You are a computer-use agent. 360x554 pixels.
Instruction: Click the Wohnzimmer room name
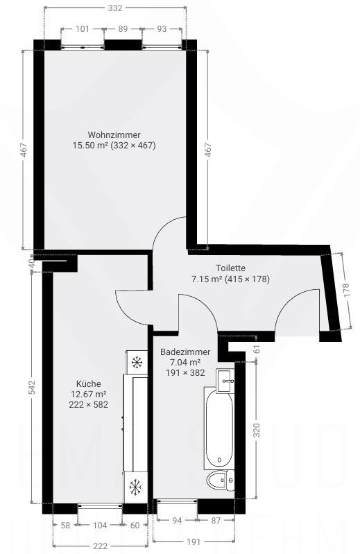(x=114, y=135)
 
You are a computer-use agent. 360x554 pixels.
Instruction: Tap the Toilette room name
(x=230, y=268)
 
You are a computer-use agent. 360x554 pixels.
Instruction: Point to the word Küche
(x=89, y=383)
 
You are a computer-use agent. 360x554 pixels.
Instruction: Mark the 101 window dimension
(x=82, y=29)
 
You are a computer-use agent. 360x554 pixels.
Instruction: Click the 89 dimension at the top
(x=123, y=29)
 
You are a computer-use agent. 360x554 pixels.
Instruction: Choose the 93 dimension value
(x=162, y=29)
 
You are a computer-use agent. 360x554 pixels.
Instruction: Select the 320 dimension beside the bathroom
(x=256, y=430)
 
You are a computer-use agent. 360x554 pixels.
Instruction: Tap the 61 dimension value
(x=256, y=349)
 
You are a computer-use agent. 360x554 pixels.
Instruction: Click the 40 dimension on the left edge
(x=31, y=263)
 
